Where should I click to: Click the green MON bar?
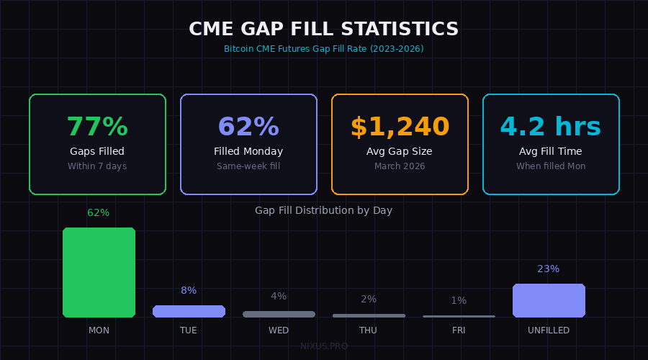[99, 272]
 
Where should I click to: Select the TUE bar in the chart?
[189, 311]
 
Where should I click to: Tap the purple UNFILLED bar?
[549, 300]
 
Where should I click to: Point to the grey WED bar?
[279, 314]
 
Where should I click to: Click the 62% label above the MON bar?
[99, 213]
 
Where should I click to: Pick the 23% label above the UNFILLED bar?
[549, 269]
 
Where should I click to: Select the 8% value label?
[189, 291]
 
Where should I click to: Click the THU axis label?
[369, 330]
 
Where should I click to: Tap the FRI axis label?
[459, 330]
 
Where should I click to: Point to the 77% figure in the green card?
[97, 127]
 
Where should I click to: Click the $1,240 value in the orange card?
[400, 127]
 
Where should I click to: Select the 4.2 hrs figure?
[551, 127]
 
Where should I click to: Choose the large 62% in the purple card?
[248, 127]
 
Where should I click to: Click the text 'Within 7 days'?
[97, 166]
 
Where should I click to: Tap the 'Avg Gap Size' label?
[400, 152]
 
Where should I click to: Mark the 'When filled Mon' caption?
[551, 166]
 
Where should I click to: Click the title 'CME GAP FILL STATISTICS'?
[324, 30]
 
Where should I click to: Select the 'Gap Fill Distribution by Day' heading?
[324, 210]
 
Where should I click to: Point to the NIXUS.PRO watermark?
[324, 346]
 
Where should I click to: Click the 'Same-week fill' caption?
[248, 166]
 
